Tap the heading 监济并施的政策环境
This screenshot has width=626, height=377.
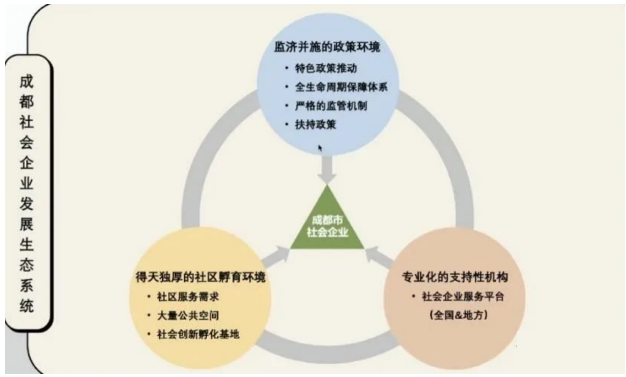[327, 47]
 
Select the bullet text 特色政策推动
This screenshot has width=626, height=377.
[326, 68]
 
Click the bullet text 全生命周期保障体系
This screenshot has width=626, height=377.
[341, 87]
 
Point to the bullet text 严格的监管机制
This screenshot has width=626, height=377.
[331, 106]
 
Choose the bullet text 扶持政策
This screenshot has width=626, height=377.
[316, 124]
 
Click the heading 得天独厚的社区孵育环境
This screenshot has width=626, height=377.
[201, 277]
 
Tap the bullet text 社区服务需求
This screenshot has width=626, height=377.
[188, 297]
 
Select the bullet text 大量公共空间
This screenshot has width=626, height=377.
[188, 315]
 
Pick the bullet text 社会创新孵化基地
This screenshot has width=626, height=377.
[198, 334]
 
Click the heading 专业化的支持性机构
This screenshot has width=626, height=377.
[455, 277]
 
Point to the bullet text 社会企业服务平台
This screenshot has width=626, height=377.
[463, 297]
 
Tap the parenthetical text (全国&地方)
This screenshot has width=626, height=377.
[459, 315]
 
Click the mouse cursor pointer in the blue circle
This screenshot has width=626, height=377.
[320, 148]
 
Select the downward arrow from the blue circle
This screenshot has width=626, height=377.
[327, 170]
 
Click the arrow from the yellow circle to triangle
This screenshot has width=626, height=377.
[275, 257]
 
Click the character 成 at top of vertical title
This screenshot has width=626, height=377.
[26, 82]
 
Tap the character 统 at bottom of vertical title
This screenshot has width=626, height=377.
[26, 306]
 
